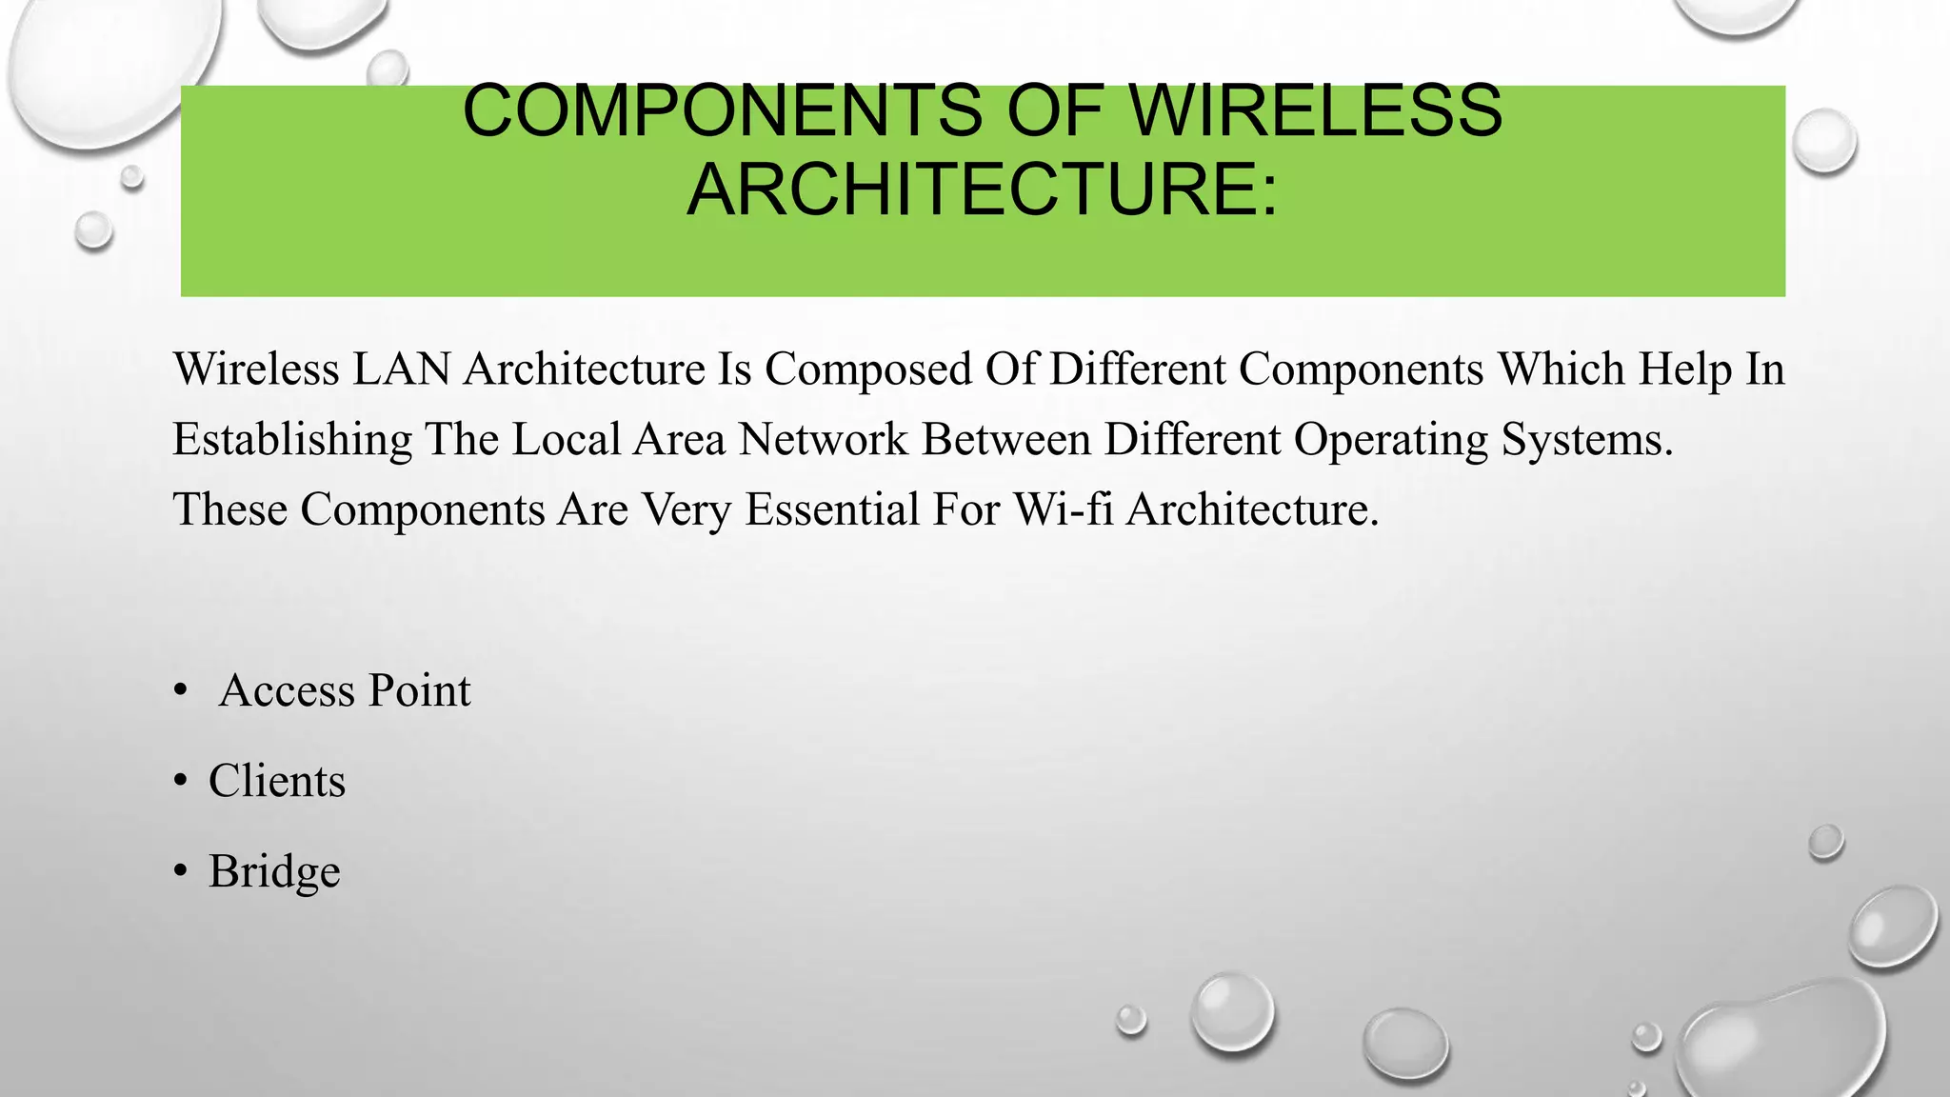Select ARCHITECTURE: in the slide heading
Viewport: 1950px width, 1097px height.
click(x=982, y=189)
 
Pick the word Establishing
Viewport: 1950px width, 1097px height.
click(x=291, y=440)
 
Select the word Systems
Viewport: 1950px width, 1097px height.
click(x=1586, y=440)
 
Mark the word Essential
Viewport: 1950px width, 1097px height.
click(x=831, y=509)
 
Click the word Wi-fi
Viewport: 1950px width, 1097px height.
click(x=1063, y=509)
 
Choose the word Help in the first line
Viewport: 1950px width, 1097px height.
click(x=1684, y=369)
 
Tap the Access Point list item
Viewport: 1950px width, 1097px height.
click(x=345, y=690)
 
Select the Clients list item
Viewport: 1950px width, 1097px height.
click(x=277, y=781)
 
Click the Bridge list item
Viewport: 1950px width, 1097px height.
click(x=274, y=871)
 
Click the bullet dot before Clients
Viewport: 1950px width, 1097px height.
click(x=181, y=782)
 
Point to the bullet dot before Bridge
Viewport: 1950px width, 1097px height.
click(x=181, y=872)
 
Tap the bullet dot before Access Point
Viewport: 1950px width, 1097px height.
click(x=181, y=691)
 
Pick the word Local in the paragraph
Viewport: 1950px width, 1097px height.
click(x=567, y=440)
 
